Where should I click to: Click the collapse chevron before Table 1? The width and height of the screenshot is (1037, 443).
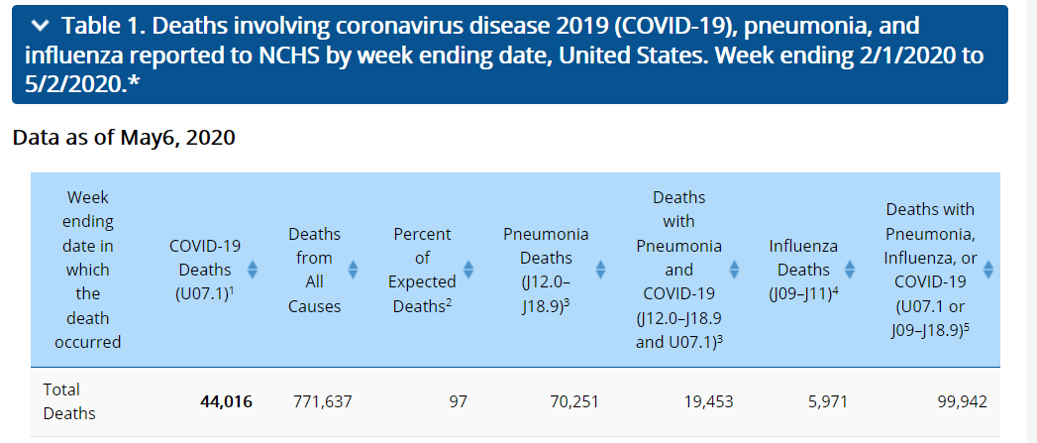[40, 25]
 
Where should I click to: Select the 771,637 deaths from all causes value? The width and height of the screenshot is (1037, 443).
[323, 402]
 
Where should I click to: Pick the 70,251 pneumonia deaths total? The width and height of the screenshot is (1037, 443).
[573, 402]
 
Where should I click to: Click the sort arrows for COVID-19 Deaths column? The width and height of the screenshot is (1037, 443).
[252, 270]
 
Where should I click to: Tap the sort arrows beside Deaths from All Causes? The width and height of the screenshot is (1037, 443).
[353, 270]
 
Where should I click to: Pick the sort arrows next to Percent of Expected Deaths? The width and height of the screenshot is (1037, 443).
[468, 270]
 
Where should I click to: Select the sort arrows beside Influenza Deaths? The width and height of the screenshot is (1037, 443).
[849, 270]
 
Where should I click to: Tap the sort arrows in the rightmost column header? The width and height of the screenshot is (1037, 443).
[987, 270]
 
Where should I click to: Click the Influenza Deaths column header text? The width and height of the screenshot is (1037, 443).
[803, 270]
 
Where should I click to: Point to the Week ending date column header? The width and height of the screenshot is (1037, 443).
[88, 270]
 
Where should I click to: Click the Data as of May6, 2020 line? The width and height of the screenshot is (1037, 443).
[124, 138]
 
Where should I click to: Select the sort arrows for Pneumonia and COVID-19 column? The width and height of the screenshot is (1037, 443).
[734, 270]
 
